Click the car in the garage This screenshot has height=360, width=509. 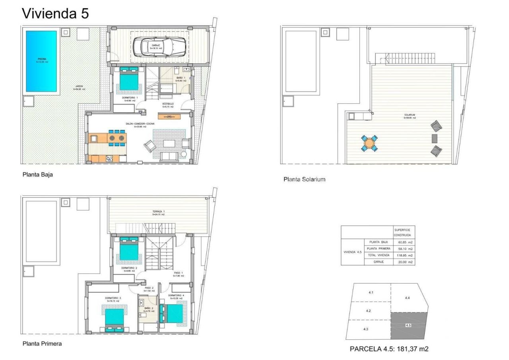coord(159,46)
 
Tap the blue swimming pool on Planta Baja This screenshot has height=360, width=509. coord(41,60)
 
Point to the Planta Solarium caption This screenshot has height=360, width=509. coord(304,179)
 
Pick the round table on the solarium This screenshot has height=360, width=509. coord(370,143)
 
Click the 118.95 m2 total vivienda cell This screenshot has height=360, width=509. coord(403,255)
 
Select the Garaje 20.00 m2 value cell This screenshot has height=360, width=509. coord(403,262)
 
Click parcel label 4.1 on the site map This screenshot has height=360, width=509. coord(371,293)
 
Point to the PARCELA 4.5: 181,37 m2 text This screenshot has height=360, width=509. coord(389,349)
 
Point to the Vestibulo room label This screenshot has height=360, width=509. coord(167,105)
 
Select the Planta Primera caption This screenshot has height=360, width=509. coord(42,343)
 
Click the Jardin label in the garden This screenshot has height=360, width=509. coord(78,88)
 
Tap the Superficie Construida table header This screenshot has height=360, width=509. coord(403,232)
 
